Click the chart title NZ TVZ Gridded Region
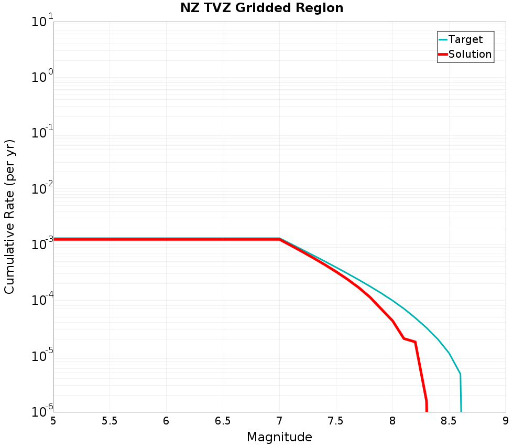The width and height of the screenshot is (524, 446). pyautogui.click(x=262, y=8)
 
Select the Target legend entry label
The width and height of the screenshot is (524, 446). pyautogui.click(x=465, y=39)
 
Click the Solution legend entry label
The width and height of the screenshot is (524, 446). pyautogui.click(x=470, y=54)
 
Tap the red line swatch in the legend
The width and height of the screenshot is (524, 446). pyautogui.click(x=443, y=54)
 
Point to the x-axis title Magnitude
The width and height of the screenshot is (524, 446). pyautogui.click(x=279, y=437)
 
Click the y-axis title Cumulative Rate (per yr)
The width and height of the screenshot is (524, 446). pyautogui.click(x=10, y=217)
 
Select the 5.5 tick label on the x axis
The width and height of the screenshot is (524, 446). pyautogui.click(x=110, y=421)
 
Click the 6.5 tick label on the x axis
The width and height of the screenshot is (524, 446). pyautogui.click(x=223, y=421)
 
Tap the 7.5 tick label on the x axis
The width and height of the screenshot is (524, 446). pyautogui.click(x=336, y=421)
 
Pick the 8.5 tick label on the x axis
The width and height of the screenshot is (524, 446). pyautogui.click(x=449, y=421)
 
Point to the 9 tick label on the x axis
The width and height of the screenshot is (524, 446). pyautogui.click(x=506, y=421)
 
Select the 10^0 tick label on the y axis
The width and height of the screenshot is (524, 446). pyautogui.click(x=42, y=78)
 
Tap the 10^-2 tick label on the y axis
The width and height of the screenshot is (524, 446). pyautogui.click(x=42, y=189)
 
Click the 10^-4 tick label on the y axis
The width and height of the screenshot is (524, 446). pyautogui.click(x=42, y=301)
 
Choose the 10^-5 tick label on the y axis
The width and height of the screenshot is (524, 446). pyautogui.click(x=42, y=356)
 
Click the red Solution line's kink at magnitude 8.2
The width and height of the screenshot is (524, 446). pyautogui.click(x=415, y=342)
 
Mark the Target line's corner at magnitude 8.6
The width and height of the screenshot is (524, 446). pyautogui.click(x=460, y=374)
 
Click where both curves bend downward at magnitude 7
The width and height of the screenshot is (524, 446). pyautogui.click(x=279, y=239)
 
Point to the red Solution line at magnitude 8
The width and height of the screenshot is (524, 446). pyautogui.click(x=392, y=321)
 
